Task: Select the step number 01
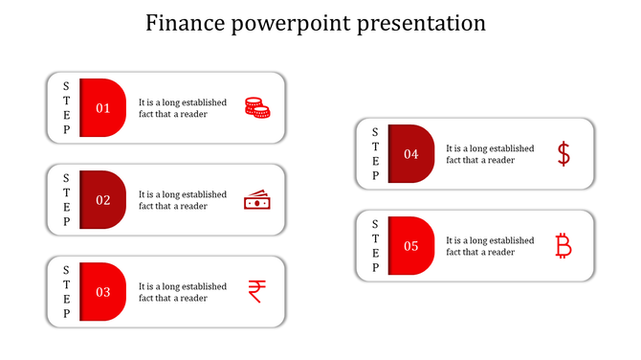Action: click(x=102, y=108)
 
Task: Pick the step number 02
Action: click(x=102, y=200)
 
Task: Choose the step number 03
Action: click(x=102, y=292)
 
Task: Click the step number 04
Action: click(x=410, y=154)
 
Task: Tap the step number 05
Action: click(x=410, y=246)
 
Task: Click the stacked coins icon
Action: click(x=256, y=107)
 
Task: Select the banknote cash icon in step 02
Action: click(x=256, y=200)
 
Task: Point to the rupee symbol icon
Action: click(x=256, y=291)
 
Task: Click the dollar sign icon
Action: click(x=564, y=154)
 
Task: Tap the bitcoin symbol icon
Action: click(x=564, y=246)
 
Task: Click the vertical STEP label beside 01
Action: click(x=66, y=108)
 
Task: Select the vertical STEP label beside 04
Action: click(x=374, y=154)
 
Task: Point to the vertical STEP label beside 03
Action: click(x=66, y=292)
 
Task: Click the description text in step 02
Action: click(x=183, y=200)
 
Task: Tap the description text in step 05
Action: click(x=490, y=246)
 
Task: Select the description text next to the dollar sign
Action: click(x=490, y=154)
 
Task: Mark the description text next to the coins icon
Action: click(x=183, y=108)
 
